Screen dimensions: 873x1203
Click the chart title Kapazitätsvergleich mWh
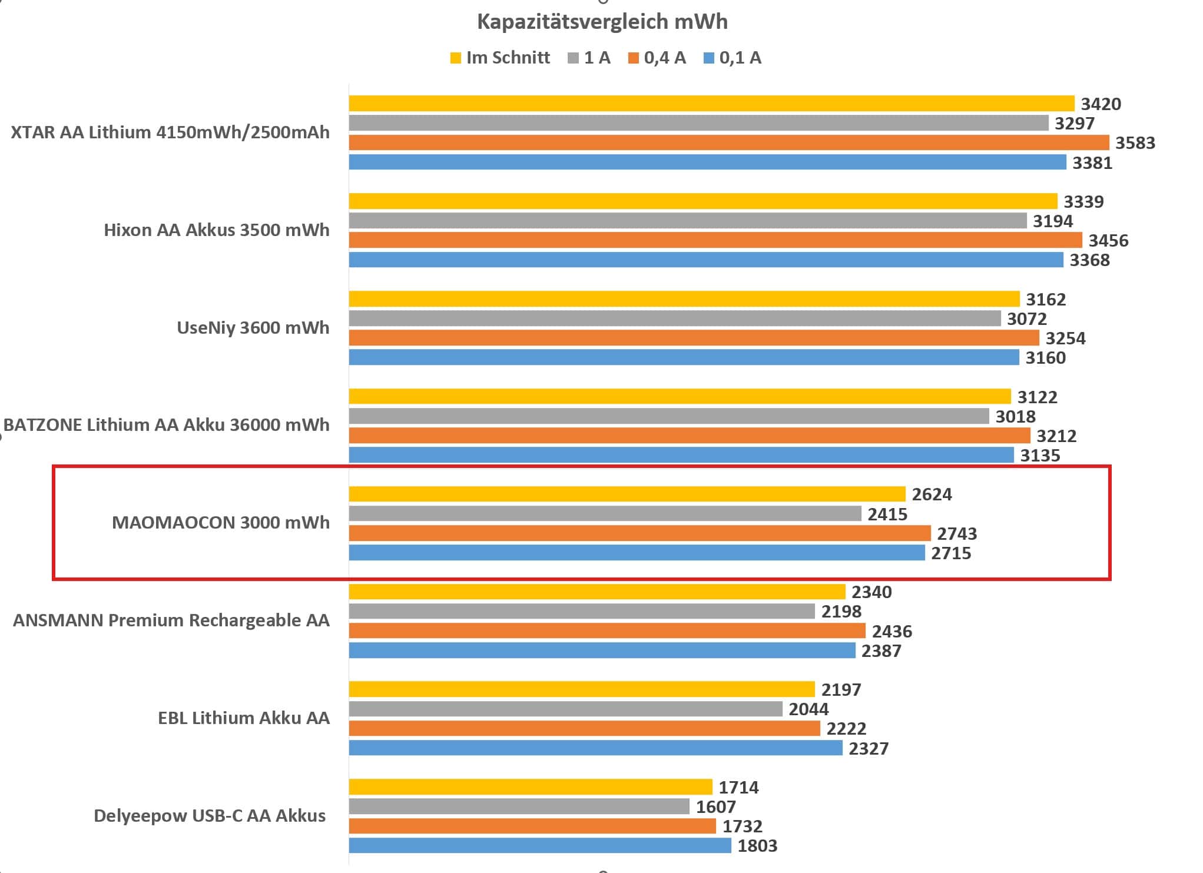(x=602, y=22)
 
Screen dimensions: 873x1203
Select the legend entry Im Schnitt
(x=500, y=58)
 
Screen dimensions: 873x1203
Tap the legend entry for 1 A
(x=589, y=58)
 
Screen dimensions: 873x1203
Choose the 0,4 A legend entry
(x=657, y=58)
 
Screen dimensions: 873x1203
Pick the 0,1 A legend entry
(x=733, y=58)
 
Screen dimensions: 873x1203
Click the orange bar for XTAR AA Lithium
(x=728, y=142)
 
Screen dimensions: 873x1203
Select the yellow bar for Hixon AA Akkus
(x=702, y=201)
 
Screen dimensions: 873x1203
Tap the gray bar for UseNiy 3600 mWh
(x=674, y=318)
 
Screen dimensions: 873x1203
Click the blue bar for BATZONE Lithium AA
(x=681, y=455)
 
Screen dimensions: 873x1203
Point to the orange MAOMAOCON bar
(x=639, y=533)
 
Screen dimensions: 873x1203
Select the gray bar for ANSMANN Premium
(x=582, y=611)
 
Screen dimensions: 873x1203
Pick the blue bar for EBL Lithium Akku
(x=595, y=748)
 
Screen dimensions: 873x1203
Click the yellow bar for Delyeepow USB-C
(x=530, y=787)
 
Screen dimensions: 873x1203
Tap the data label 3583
(x=1135, y=143)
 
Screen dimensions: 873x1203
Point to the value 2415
(x=887, y=514)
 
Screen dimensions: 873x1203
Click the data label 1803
(x=757, y=846)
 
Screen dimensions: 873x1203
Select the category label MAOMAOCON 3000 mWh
(x=220, y=523)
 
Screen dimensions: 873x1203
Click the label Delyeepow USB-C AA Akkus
(x=210, y=816)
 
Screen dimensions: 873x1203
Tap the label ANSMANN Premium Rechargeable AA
(x=171, y=620)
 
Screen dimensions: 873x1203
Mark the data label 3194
(x=1052, y=221)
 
